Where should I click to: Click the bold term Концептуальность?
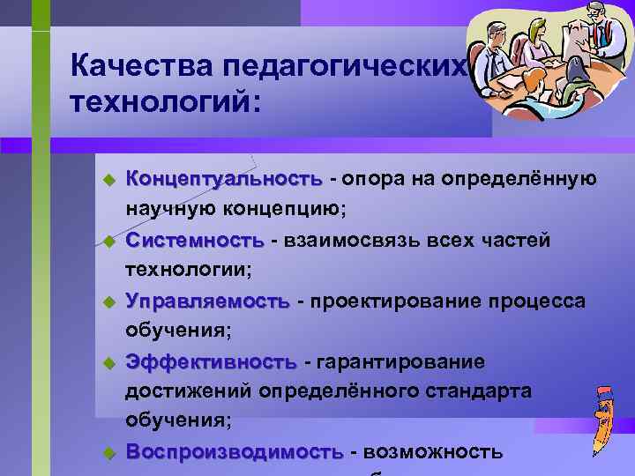click(x=224, y=179)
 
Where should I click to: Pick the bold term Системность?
click(x=194, y=240)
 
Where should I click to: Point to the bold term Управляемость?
click(x=207, y=301)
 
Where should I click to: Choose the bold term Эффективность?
click(x=211, y=362)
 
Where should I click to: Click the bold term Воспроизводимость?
click(x=234, y=452)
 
